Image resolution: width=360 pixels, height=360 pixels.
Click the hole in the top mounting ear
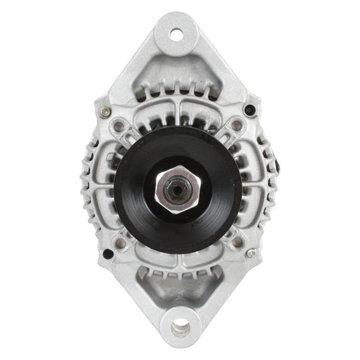point(176,33)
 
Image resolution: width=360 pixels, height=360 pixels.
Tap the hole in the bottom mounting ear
point(179,330)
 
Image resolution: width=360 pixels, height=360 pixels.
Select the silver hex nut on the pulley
point(178,188)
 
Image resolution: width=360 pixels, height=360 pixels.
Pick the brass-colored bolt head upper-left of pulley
point(104,112)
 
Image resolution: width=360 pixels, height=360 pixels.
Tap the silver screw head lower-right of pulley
point(251,253)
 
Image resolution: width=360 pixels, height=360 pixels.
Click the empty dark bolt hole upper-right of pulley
point(250,109)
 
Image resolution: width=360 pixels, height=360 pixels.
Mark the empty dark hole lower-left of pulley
point(107,254)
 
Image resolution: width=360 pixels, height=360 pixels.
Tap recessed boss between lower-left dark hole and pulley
point(121,242)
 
